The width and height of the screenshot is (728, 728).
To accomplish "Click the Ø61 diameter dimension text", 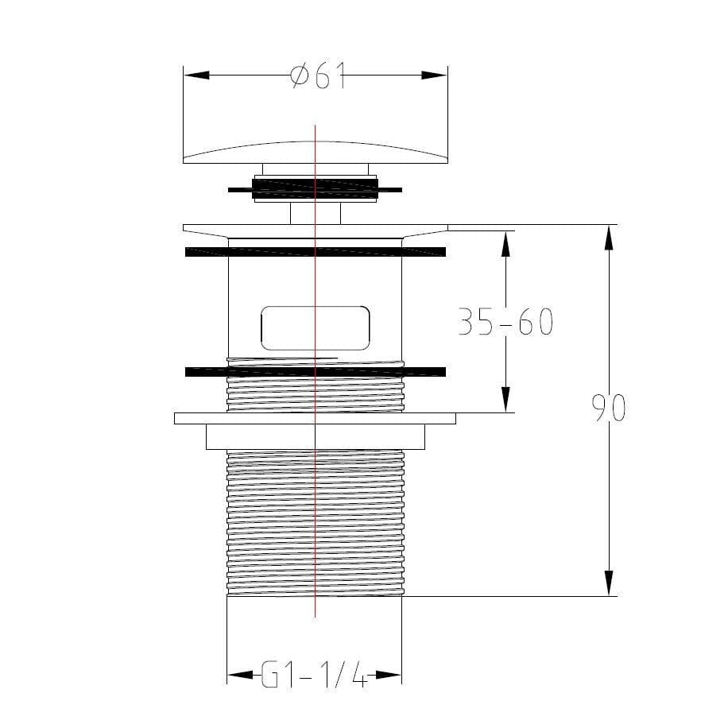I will click(318, 76).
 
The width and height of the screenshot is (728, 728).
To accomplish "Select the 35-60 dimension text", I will click(505, 323).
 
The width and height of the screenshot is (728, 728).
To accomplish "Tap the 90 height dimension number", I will click(609, 409).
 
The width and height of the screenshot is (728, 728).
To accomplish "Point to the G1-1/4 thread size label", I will click(315, 677).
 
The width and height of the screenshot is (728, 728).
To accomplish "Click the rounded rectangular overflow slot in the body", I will click(316, 327).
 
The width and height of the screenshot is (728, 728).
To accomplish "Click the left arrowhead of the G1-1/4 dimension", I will click(239, 676).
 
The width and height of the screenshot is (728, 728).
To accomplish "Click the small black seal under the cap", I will click(316, 189).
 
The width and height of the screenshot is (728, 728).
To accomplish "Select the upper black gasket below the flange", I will click(316, 252).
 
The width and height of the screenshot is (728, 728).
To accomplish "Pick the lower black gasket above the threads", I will click(316, 371).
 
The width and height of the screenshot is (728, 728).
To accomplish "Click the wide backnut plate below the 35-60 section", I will click(316, 418).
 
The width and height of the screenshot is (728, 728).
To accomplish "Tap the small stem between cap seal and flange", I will click(316, 213).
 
